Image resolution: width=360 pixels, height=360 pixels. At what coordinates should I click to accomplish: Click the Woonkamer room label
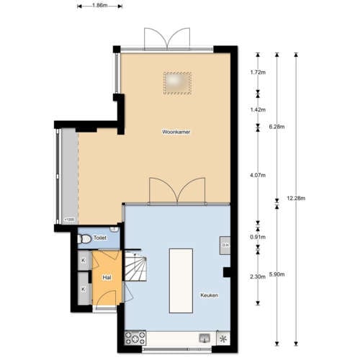[x=176, y=132]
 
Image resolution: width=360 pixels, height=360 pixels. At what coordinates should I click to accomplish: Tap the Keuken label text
[x=210, y=295]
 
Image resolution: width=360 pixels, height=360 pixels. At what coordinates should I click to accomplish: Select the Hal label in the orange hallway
[x=107, y=277]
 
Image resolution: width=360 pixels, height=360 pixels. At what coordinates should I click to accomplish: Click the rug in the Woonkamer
[x=179, y=83]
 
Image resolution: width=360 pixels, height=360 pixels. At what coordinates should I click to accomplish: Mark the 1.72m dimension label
[x=257, y=73]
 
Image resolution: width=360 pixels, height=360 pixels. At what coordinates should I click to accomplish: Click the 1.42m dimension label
[x=257, y=109]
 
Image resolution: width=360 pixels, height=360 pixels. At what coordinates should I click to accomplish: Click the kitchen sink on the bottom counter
[x=204, y=336]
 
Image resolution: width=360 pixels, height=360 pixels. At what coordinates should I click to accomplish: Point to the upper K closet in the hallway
[x=83, y=260]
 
